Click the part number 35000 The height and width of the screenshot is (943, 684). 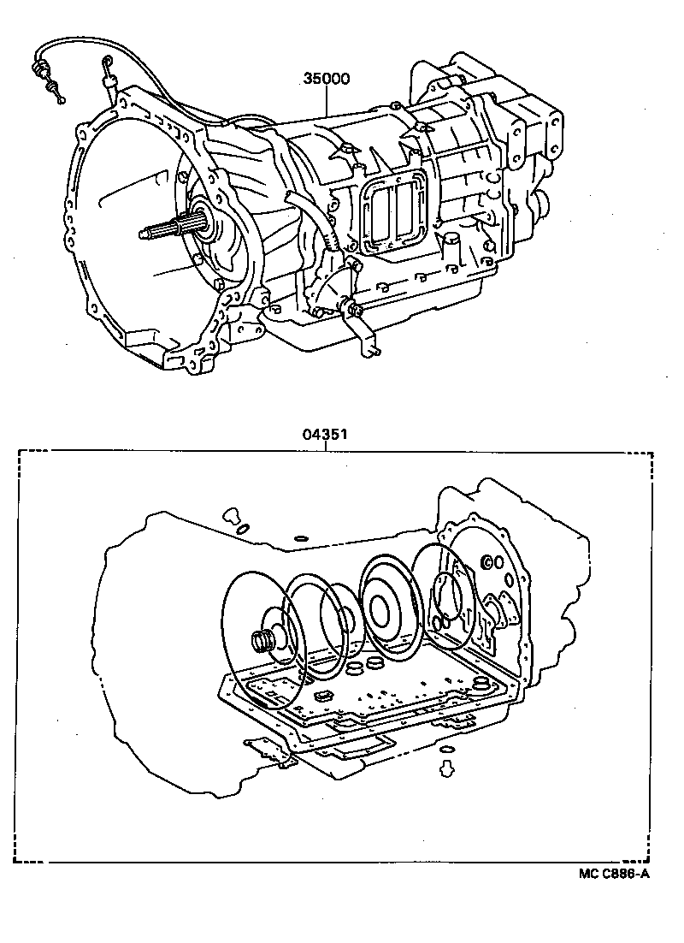(x=326, y=80)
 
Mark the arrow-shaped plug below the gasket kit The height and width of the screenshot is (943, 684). (x=445, y=768)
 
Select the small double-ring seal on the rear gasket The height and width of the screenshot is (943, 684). (x=491, y=562)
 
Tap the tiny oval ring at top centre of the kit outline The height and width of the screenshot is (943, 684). (x=300, y=539)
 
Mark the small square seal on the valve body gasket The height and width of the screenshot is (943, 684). (x=324, y=696)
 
